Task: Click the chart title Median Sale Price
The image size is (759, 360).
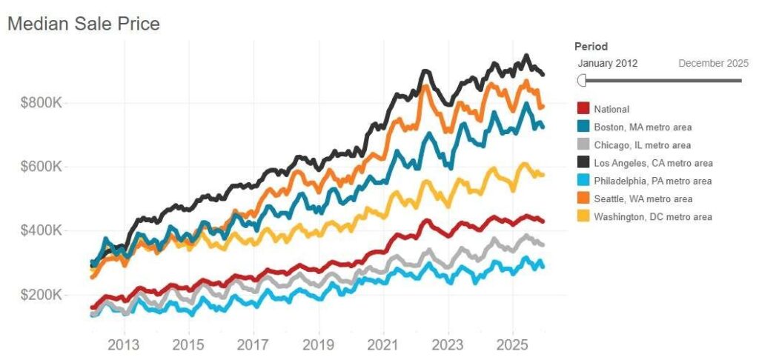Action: tap(83, 24)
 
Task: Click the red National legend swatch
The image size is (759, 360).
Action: tap(583, 109)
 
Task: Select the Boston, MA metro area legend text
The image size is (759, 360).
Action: tap(643, 127)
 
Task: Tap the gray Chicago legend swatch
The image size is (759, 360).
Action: tap(583, 145)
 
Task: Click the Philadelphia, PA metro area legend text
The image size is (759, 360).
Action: tap(652, 181)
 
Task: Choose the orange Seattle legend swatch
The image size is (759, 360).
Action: tap(583, 199)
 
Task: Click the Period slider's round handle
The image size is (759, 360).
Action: tap(582, 80)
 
